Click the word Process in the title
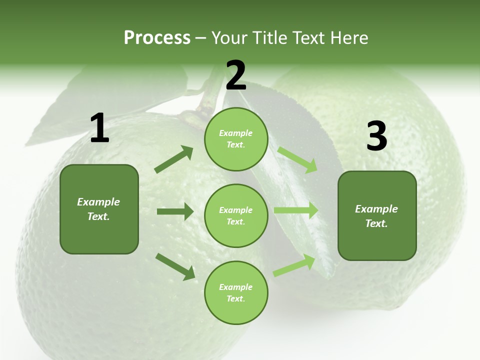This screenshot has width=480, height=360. coord(157,38)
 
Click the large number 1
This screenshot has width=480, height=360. coord(99,128)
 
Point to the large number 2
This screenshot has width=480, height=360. coord(236,75)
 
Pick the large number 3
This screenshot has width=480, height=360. coord(376,136)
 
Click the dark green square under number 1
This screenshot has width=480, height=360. coord(99,209)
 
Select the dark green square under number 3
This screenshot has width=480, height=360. coord(377,215)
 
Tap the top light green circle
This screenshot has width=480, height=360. coord(236,139)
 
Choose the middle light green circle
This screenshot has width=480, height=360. coord(236,215)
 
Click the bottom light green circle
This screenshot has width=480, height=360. coord(236,292)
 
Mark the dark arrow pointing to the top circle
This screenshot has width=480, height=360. coord(174,159)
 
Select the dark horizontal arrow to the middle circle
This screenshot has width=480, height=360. coord(175,211)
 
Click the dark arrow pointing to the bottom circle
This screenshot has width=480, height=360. coord(175,266)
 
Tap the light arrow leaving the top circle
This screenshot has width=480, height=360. coord(297,159)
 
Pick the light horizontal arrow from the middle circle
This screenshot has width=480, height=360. coord(296,210)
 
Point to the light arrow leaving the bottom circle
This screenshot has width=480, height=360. coord(294,265)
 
